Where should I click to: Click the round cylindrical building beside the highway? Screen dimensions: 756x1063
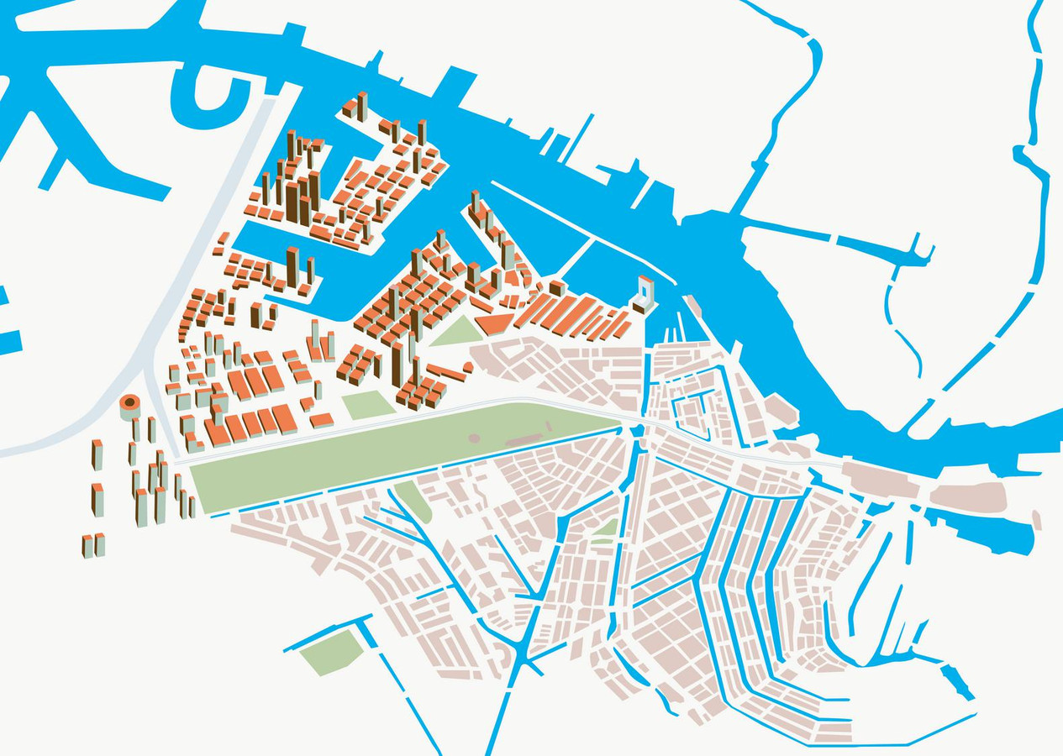[x=130, y=407]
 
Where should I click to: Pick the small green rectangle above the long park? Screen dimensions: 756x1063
[x=367, y=405]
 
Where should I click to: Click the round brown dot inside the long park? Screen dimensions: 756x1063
[x=474, y=438]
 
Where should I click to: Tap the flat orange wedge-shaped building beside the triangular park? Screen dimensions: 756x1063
[x=494, y=323]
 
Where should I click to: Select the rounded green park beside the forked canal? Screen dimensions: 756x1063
[x=413, y=501]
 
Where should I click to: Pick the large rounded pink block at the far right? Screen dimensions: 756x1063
[x=966, y=497]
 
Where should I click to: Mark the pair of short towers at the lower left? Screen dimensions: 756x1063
[x=92, y=545]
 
